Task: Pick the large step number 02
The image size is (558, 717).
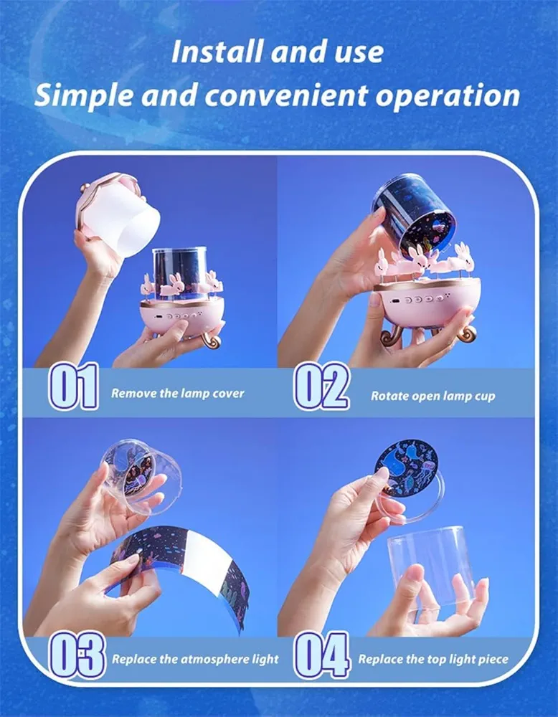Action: [x=321, y=389]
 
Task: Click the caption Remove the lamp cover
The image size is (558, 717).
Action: [x=177, y=394]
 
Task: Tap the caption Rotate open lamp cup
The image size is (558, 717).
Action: [x=432, y=396]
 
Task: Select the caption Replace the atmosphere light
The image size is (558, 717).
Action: [x=195, y=658]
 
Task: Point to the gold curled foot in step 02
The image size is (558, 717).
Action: [x=465, y=331]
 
